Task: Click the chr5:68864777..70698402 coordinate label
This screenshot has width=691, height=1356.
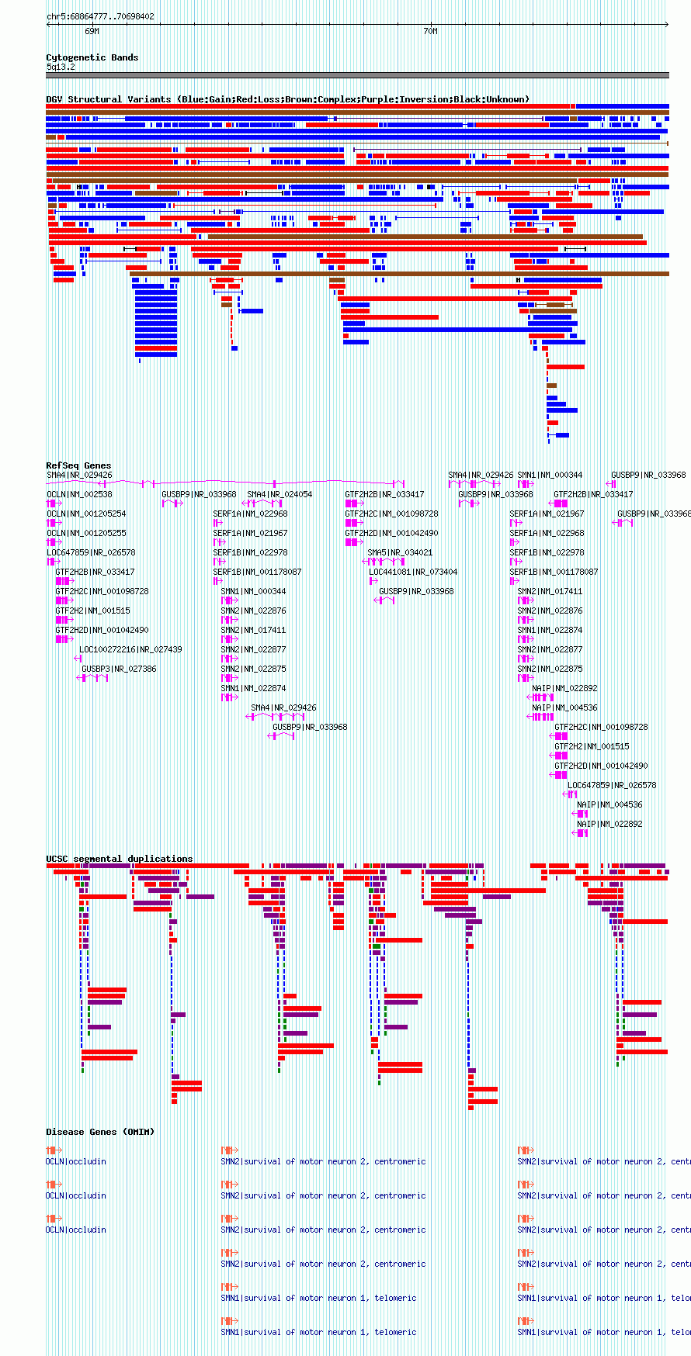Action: coord(100,16)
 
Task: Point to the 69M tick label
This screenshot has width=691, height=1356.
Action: coord(92,32)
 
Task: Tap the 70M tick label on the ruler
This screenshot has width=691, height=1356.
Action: coord(430,32)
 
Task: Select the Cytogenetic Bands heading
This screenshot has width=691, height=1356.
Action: coord(92,57)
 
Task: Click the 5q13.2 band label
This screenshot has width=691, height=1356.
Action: coord(61,67)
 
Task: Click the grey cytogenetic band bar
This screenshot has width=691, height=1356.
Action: coord(357,75)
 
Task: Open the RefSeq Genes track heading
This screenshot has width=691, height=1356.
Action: coord(78,465)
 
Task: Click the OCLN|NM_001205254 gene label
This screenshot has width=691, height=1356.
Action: coord(86,514)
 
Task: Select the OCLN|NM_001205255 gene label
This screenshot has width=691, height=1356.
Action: coord(86,533)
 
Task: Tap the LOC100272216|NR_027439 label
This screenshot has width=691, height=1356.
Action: coord(130,649)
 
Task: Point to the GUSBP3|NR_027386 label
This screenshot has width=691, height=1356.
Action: coord(119,669)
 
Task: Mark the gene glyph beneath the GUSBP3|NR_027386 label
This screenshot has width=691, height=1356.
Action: coord(93,678)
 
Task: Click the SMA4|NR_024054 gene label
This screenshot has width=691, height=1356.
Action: coord(280,494)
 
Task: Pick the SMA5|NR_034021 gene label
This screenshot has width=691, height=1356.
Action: coord(400,552)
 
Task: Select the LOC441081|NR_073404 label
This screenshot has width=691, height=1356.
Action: coord(413,572)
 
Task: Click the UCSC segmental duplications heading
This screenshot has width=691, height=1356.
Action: coord(119,859)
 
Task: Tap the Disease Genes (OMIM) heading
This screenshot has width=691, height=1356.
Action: coord(100,1132)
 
